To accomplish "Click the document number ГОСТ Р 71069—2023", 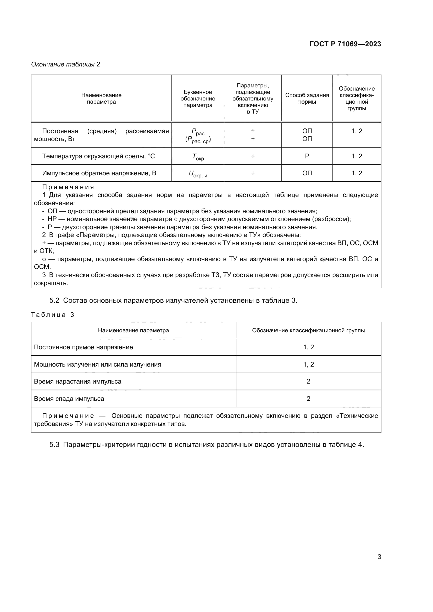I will [345, 44].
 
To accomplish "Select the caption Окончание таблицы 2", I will [66, 64].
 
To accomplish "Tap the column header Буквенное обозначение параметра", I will [198, 99].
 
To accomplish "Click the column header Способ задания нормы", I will [307, 99].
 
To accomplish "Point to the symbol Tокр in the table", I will [198, 157].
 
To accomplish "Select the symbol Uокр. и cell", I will [198, 174].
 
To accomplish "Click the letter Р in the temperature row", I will [307, 156].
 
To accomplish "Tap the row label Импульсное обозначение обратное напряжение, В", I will [99, 173].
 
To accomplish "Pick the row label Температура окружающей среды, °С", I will [98, 156].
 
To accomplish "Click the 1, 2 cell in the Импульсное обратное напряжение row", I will [357, 173].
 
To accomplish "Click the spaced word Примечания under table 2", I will [68, 187].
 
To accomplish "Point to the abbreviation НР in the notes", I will [52, 219].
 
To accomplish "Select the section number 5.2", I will [54, 301].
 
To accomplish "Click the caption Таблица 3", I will [53, 315].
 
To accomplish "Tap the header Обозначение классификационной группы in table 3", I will [308, 330].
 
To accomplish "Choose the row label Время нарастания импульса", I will [77, 381].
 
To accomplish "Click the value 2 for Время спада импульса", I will [308, 399].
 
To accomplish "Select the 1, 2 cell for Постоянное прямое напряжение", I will [308, 347].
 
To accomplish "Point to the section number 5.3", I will [54, 445].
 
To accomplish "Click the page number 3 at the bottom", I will [379, 557].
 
